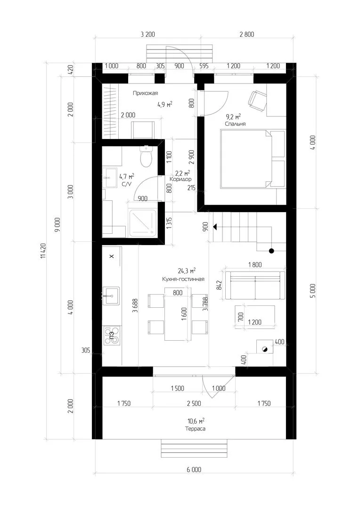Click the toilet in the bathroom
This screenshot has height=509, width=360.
[146, 156]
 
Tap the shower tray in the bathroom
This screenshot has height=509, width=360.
[142, 223]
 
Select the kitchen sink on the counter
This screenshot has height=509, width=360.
[111, 296]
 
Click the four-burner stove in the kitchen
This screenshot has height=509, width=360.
[112, 336]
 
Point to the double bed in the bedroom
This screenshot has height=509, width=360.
[253, 159]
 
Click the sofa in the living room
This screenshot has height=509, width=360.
[255, 285]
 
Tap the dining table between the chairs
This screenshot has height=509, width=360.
[178, 314]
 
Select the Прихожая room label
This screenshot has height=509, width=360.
[146, 93]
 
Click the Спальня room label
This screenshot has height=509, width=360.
[235, 123]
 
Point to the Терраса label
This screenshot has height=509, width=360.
[195, 428]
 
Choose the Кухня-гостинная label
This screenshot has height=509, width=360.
[183, 279]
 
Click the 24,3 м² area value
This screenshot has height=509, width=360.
[187, 271]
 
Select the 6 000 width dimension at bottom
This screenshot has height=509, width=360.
[194, 469]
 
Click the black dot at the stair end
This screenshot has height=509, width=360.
[271, 251]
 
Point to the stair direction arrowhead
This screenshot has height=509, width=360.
[215, 227]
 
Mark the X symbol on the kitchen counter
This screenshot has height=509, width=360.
[111, 256]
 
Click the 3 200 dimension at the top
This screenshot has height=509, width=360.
[147, 34]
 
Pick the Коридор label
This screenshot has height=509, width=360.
[180, 179]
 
